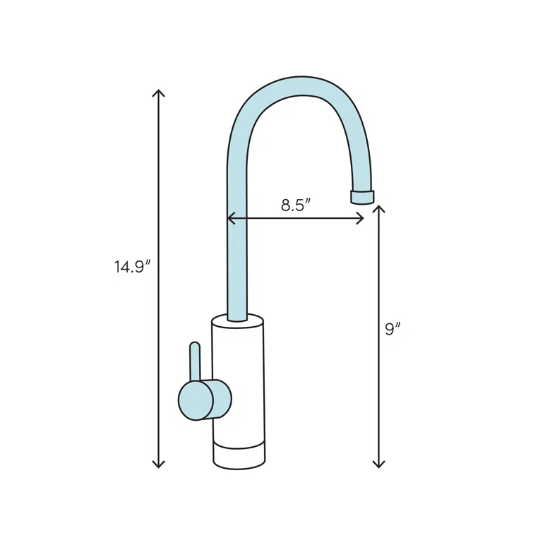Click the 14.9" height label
(x=133, y=267)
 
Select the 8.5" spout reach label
(x=296, y=205)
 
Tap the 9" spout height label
(x=393, y=329)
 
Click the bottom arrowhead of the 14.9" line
(x=159, y=465)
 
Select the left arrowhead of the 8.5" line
(x=229, y=219)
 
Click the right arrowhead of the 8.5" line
(x=361, y=219)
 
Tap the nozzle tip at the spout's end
(x=363, y=197)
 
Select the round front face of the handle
(x=196, y=400)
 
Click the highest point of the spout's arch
(x=302, y=85)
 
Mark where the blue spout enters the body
(x=237, y=318)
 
